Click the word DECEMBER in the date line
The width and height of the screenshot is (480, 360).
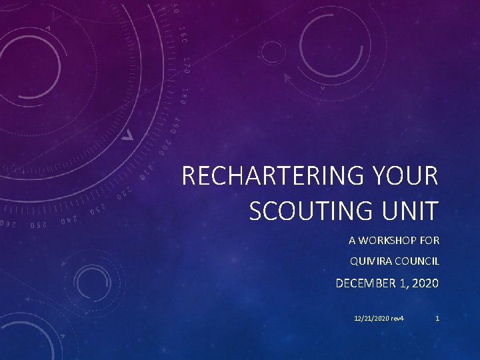[x=365, y=283]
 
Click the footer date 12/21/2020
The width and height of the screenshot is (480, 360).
[x=372, y=318]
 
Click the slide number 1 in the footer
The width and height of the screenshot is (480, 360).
[x=437, y=318]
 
